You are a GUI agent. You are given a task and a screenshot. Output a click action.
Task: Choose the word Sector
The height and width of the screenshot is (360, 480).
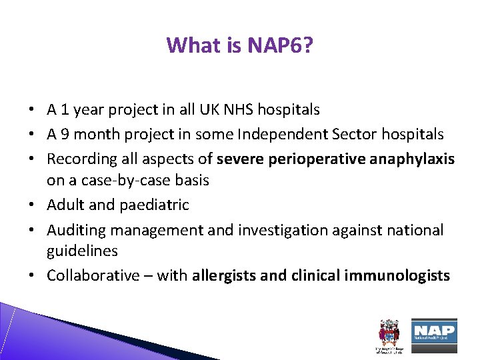359,134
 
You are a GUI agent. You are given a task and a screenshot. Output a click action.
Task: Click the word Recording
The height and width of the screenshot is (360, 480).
81,159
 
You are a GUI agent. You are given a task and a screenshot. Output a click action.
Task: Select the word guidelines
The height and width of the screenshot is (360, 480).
82,251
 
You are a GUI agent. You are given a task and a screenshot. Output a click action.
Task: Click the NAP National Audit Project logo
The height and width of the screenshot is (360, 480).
434,331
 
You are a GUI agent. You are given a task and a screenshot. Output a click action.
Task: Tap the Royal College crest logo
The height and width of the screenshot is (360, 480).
387,334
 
